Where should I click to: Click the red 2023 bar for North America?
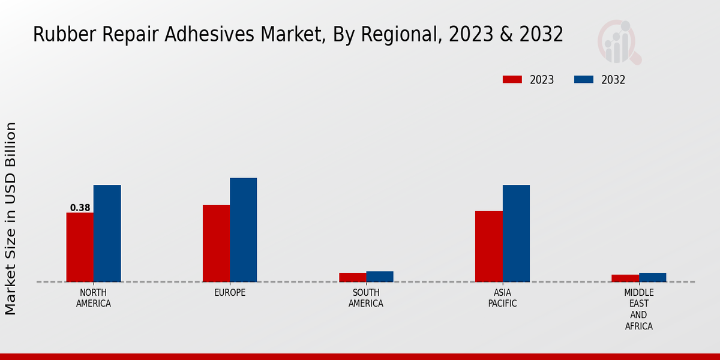tap(80, 247)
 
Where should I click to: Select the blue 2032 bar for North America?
tap(107, 233)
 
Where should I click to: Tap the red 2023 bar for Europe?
tap(216, 244)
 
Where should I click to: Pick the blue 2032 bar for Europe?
tap(244, 230)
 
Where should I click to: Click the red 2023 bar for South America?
tap(352, 277)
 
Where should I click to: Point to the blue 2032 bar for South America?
tap(380, 277)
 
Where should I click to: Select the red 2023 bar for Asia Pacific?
tap(488, 247)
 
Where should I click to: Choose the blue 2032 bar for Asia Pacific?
tap(516, 233)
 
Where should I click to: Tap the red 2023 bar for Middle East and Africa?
tap(625, 278)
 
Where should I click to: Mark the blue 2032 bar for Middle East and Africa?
tap(652, 277)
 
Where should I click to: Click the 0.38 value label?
tap(80, 208)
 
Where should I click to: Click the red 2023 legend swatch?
tap(512, 80)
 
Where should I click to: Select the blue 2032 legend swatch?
tap(584, 80)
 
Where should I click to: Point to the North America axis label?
tap(94, 298)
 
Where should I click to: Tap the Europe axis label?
tap(230, 293)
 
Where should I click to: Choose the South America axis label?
tap(366, 298)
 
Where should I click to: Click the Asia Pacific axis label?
tap(502, 298)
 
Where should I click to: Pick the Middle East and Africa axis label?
tap(638, 309)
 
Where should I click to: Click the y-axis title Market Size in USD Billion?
tap(11, 218)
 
